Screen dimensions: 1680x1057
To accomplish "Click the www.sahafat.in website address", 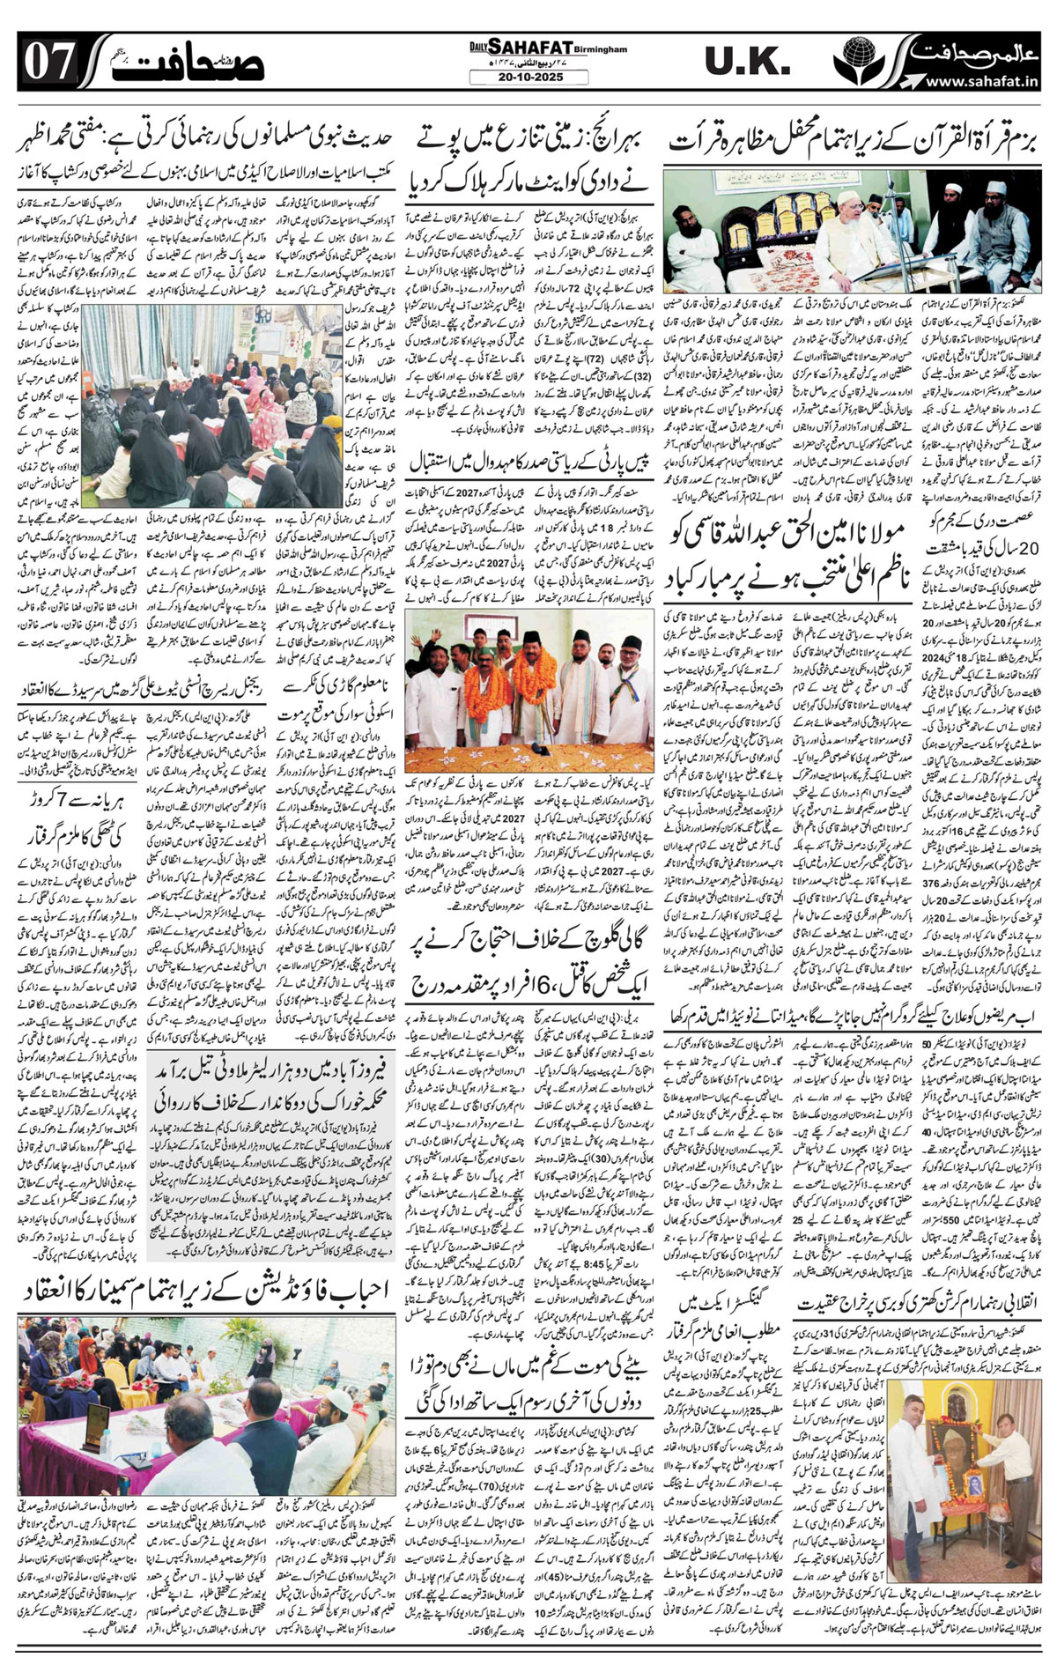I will click(979, 82).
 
